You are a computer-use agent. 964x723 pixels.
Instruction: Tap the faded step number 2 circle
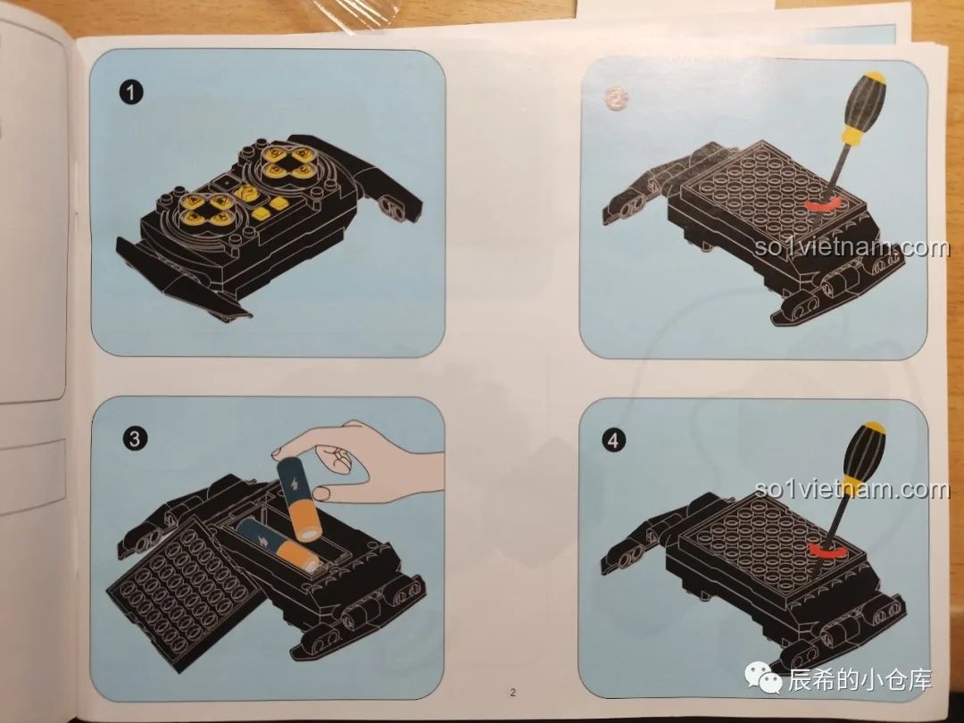coord(615,98)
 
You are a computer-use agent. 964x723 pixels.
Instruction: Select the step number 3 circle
coord(135,438)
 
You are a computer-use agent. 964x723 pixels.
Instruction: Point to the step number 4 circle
coord(613,440)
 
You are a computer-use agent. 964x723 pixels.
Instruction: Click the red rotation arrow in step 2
coord(824,205)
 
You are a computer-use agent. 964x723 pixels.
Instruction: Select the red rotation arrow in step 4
coord(826,549)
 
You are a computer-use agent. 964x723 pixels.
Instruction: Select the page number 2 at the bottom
coord(512,693)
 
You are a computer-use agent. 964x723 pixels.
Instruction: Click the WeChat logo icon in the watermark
coord(762,678)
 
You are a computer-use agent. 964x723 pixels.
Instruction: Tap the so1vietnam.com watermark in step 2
coord(852,247)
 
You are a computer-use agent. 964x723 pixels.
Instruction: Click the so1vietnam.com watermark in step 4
coord(852,489)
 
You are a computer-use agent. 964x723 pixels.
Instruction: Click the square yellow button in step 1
coord(263,213)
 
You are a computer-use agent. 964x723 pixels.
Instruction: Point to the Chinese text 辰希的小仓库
coord(860,680)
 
